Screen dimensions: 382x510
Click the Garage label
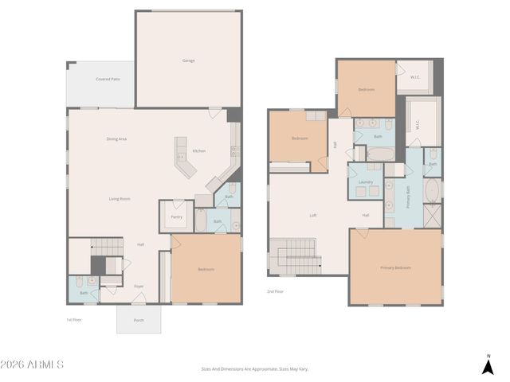point(188,60)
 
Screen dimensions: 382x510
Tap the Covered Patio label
point(108,79)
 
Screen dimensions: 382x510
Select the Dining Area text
point(116,139)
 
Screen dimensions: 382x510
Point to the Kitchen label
point(198,151)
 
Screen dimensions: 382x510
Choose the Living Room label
point(120,198)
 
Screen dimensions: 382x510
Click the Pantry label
point(176,216)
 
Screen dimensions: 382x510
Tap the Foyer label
point(139,286)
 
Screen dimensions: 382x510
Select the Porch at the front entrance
point(139,320)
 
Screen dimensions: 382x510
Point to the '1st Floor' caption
point(74,319)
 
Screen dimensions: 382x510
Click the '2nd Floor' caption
point(276,291)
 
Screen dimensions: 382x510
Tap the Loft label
point(313,216)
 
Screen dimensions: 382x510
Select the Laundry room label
point(366,182)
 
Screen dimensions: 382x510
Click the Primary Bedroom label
point(395,268)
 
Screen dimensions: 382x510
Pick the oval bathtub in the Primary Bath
point(433,191)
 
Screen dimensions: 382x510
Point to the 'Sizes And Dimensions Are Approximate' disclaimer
point(254,368)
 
